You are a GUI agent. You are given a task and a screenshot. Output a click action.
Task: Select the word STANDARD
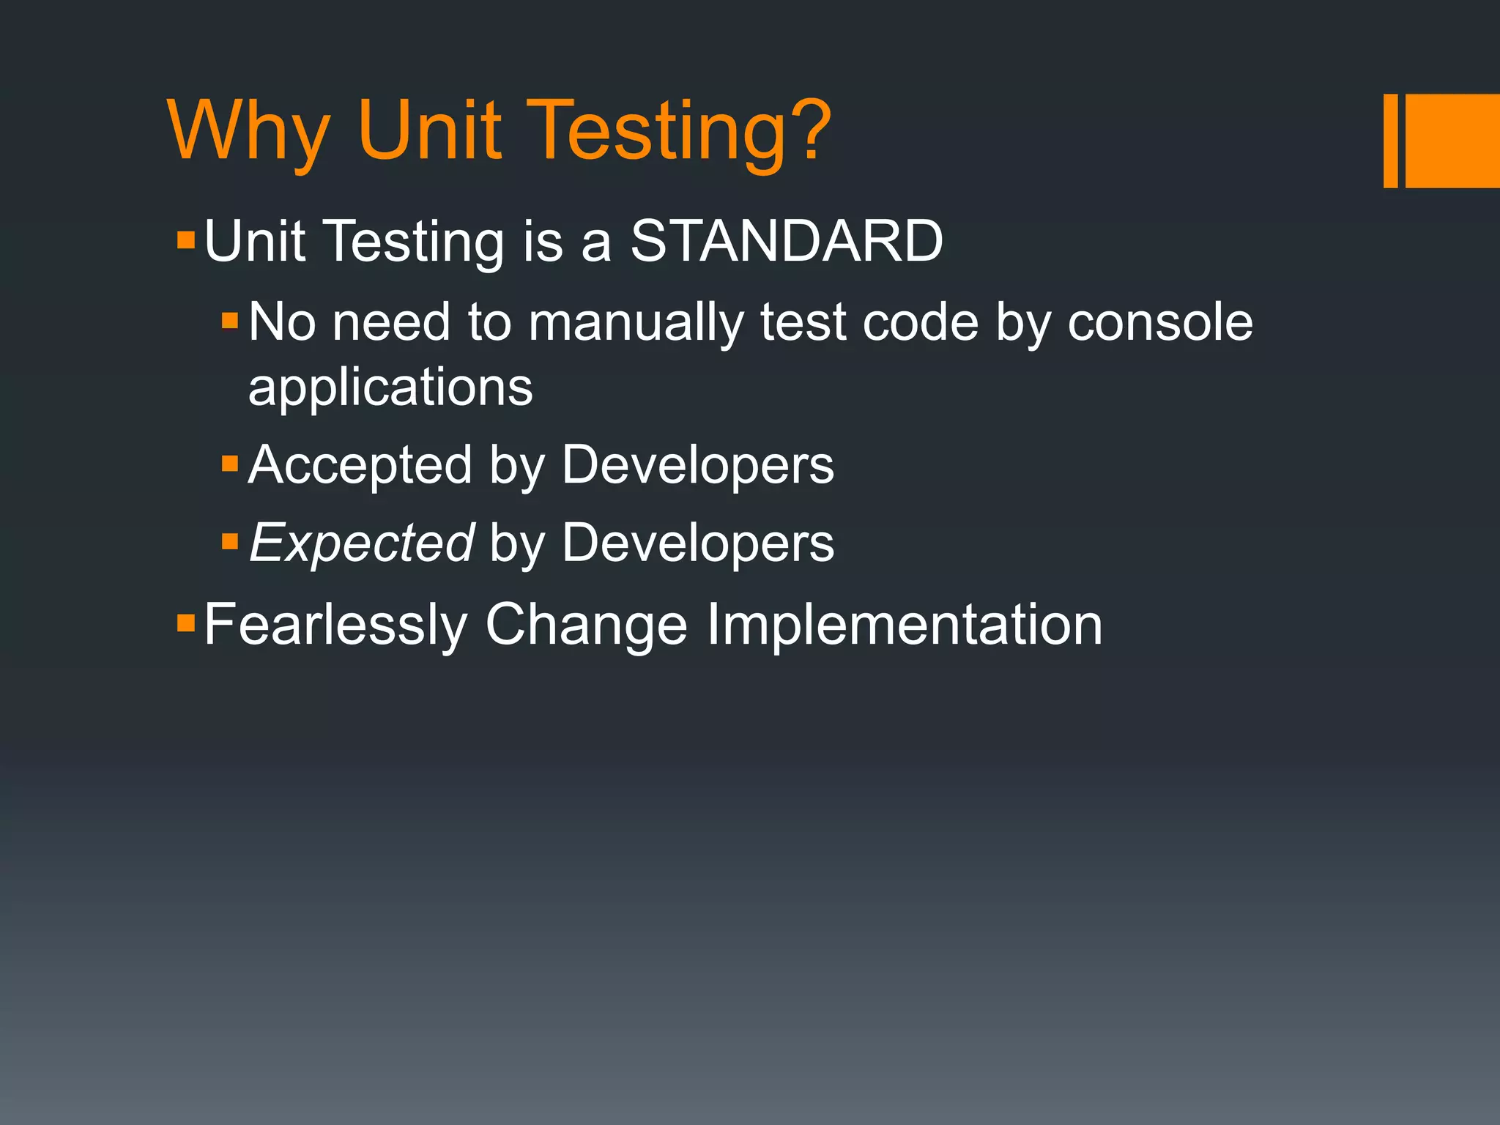tap(787, 241)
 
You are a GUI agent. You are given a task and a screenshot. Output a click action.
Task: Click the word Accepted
tap(360, 465)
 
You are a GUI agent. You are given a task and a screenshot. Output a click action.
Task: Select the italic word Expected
tap(362, 543)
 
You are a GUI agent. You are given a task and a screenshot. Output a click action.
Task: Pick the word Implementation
tap(904, 625)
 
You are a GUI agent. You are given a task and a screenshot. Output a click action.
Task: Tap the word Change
tap(586, 625)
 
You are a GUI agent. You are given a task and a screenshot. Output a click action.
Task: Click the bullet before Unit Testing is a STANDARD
tap(186, 240)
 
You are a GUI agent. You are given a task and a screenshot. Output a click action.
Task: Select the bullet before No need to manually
tap(230, 321)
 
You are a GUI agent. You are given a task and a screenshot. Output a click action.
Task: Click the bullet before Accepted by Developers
tap(230, 464)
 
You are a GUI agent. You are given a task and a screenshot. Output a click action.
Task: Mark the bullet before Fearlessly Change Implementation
tap(186, 623)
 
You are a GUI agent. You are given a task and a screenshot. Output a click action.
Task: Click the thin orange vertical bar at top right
tap(1390, 141)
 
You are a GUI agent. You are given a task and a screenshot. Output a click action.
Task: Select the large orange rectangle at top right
tap(1452, 141)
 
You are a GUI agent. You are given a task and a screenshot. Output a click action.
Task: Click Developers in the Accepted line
tap(698, 465)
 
